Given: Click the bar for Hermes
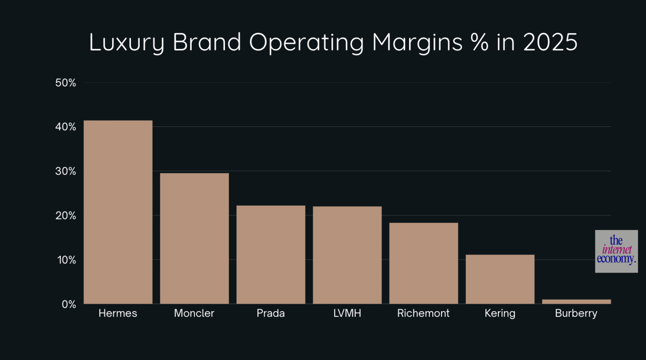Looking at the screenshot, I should coord(118,212).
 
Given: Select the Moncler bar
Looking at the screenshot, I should coord(194,239).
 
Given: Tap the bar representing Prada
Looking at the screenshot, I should coord(271,254).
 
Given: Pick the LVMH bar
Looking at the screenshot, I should coord(347,255).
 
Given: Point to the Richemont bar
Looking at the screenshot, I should coord(423,263).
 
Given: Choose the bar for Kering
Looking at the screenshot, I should coord(500,279).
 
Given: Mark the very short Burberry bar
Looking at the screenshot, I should coord(576,301).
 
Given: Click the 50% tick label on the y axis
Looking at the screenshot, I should coord(66,83).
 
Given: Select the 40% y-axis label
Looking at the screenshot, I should coord(66,127).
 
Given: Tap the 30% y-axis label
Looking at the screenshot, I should coord(66,172).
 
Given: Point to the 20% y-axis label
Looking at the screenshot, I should coord(66,216).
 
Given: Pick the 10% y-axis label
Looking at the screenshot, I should coord(66,260).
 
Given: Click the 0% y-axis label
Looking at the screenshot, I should coord(68,305).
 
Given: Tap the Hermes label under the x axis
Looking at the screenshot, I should coord(118,313).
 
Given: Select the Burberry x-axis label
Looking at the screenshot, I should coord(576,313).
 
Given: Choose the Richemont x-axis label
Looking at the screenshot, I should coord(423,313).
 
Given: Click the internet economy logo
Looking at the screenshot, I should coord(616,251).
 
